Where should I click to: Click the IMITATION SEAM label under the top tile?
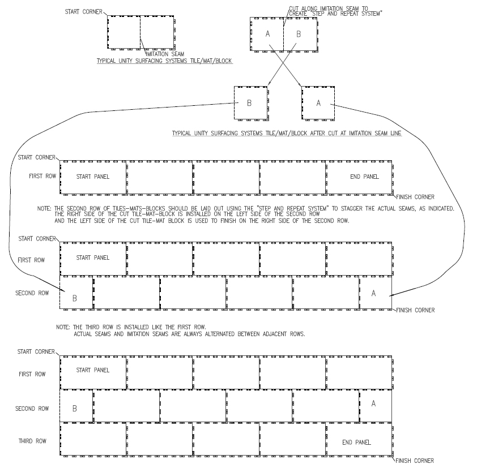(x=165, y=54)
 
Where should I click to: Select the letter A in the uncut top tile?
(x=268, y=34)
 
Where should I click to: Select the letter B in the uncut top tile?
(x=299, y=34)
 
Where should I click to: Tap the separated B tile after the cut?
(x=251, y=103)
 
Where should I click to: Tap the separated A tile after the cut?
(x=318, y=103)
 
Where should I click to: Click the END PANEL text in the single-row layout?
(x=364, y=177)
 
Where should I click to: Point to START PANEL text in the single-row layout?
(x=93, y=177)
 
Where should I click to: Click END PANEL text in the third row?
(x=356, y=442)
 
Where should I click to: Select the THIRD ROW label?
(x=32, y=441)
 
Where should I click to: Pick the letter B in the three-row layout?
(x=75, y=409)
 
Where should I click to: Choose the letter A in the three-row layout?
(x=373, y=403)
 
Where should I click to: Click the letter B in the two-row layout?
(x=75, y=298)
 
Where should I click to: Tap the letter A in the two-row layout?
(x=373, y=293)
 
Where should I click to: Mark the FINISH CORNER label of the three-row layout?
(x=415, y=461)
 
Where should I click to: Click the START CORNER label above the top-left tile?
(x=84, y=11)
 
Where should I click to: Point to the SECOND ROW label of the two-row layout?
(x=32, y=293)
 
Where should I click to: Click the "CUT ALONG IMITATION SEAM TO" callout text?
(x=329, y=8)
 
